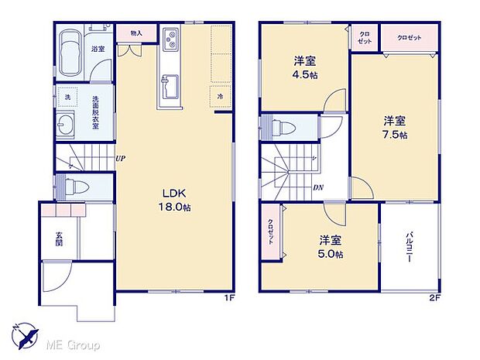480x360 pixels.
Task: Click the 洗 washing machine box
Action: [x=68, y=98]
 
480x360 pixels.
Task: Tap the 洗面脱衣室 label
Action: [x=95, y=112]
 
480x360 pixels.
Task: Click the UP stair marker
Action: [x=120, y=159]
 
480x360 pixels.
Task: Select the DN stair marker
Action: [x=318, y=187]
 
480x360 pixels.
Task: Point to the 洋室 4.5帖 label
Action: [x=304, y=67]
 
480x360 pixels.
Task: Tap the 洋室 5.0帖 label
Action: [x=331, y=246]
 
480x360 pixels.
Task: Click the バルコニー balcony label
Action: [x=407, y=248]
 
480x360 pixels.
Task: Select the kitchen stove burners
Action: [x=170, y=39]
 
